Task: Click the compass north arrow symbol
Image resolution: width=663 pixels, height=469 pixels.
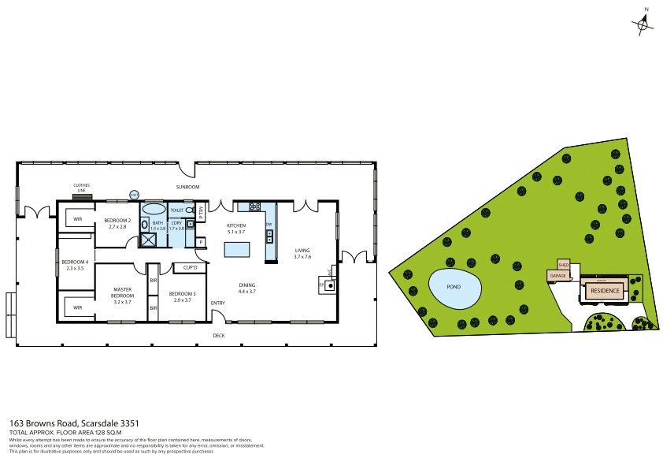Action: click(x=643, y=24)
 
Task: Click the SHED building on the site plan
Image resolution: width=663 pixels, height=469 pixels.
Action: click(x=563, y=265)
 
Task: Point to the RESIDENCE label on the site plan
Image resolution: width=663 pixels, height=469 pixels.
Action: click(x=605, y=291)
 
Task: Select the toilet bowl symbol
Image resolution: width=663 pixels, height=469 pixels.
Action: click(x=189, y=210)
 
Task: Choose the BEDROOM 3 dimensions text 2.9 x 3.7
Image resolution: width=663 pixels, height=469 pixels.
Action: click(x=183, y=300)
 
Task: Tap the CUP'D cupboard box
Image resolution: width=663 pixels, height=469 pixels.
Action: click(x=190, y=267)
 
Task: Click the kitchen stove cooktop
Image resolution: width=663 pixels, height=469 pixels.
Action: click(x=255, y=207)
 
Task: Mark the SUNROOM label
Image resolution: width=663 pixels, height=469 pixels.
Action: click(x=187, y=187)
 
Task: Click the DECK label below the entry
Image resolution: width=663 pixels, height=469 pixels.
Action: click(x=218, y=335)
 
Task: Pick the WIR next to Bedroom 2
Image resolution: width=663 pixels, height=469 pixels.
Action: click(x=78, y=218)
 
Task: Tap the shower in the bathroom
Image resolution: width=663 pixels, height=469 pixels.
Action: click(x=147, y=239)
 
